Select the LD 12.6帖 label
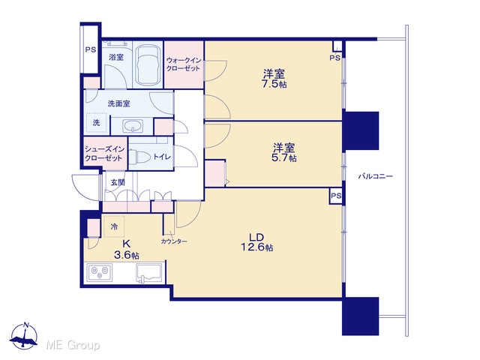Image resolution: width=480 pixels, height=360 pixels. pyautogui.click(x=256, y=242)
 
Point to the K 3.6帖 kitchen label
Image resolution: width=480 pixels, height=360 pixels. pyautogui.click(x=126, y=250)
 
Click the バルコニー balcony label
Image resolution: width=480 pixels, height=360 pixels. pyautogui.click(x=375, y=176)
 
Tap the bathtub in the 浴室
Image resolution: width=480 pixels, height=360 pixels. pyautogui.click(x=148, y=64)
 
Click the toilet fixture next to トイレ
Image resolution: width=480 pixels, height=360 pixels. pyautogui.click(x=139, y=157)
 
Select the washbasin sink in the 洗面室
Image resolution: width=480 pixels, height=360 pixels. pyautogui.click(x=133, y=126)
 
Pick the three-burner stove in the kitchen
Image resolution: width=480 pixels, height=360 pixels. pyautogui.click(x=100, y=272)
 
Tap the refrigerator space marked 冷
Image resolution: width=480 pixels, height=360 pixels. pyautogui.click(x=114, y=226)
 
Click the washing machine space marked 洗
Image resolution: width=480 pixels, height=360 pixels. pyautogui.click(x=97, y=123)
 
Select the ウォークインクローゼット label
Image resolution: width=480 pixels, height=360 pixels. pyautogui.click(x=184, y=64)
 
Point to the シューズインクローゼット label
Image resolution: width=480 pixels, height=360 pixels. pyautogui.click(x=105, y=154)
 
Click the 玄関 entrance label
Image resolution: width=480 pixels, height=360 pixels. pyautogui.click(x=118, y=183)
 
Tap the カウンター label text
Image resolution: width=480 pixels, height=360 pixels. pyautogui.click(x=174, y=241)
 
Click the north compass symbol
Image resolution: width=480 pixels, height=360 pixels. pyautogui.click(x=24, y=335)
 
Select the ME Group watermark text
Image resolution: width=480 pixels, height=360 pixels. pyautogui.click(x=73, y=345)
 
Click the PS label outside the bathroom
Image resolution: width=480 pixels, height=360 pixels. pyautogui.click(x=91, y=49)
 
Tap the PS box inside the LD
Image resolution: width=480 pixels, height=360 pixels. pyautogui.click(x=336, y=196)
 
